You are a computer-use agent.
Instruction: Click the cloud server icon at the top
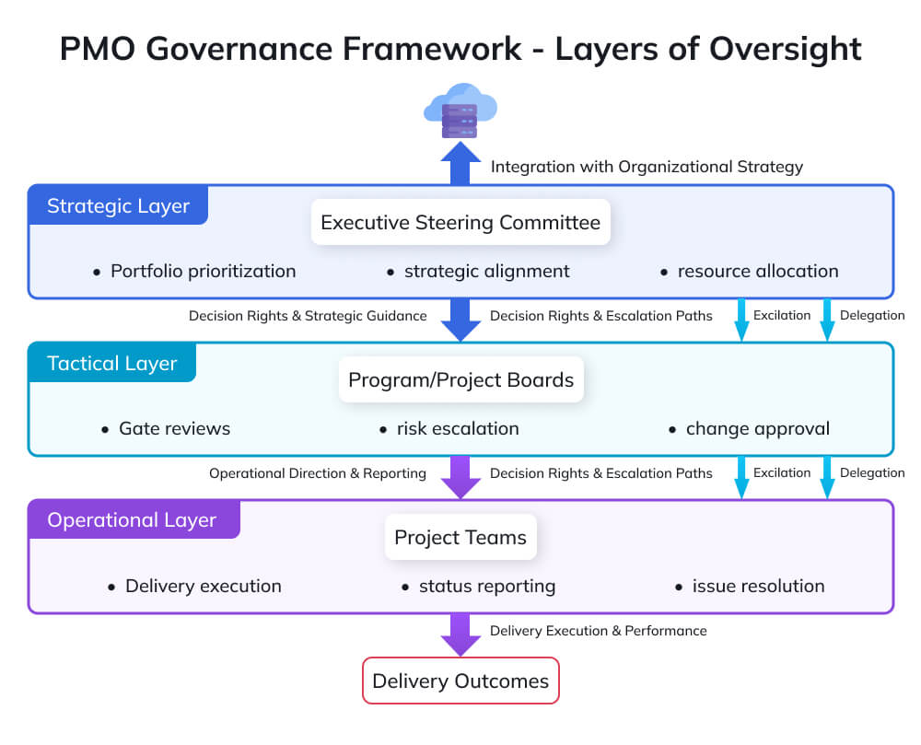(x=460, y=111)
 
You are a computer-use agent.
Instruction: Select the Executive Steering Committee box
(x=460, y=222)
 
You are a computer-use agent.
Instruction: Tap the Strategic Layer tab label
(x=118, y=205)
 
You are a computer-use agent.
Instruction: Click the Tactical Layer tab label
(x=111, y=363)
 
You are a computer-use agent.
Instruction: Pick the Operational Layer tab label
(x=132, y=520)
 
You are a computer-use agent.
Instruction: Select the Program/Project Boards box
(x=460, y=379)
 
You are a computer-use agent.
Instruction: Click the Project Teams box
(x=460, y=537)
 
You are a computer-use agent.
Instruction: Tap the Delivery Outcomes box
(x=460, y=681)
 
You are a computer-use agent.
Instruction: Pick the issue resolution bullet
(x=757, y=586)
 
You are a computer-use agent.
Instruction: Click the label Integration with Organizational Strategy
(x=647, y=167)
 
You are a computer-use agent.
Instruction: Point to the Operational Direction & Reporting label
(x=317, y=473)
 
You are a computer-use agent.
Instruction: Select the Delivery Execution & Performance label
(x=598, y=631)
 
